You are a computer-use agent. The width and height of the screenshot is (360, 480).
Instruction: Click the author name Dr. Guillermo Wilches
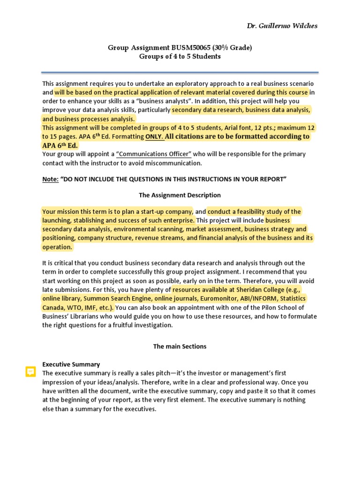pyautogui.click(x=282, y=26)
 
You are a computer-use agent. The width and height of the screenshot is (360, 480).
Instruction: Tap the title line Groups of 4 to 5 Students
pyautogui.click(x=180, y=56)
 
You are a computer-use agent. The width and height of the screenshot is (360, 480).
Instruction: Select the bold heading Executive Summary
pyautogui.click(x=71, y=364)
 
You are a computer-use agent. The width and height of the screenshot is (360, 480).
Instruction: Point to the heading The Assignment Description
pyautogui.click(x=180, y=195)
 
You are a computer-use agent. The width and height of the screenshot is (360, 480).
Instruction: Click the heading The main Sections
pyautogui.click(x=180, y=346)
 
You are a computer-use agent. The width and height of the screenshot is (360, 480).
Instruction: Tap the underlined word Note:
pyautogui.click(x=51, y=179)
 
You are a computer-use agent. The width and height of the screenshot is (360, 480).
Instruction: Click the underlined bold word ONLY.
pyautogui.click(x=154, y=136)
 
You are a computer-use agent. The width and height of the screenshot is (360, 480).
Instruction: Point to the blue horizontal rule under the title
pyautogui.click(x=180, y=72)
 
